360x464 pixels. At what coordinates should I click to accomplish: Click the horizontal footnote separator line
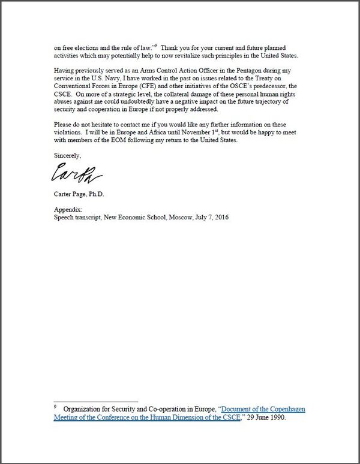point(95,402)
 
